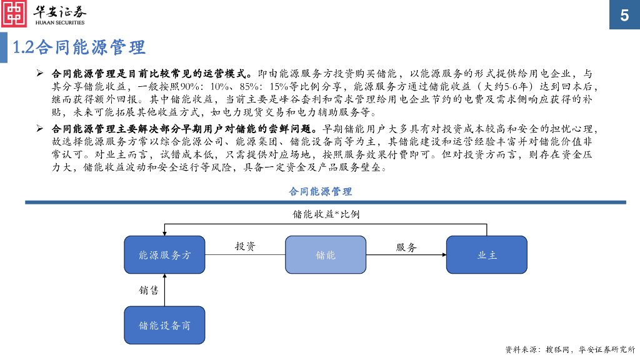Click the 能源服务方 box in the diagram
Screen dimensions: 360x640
click(164, 255)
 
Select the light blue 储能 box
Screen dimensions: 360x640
click(326, 255)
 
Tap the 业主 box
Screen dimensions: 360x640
click(487, 255)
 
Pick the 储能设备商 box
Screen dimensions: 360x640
click(164, 325)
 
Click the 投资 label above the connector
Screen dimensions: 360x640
click(245, 246)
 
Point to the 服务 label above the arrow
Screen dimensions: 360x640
click(406, 247)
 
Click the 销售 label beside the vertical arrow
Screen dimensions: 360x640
click(149, 290)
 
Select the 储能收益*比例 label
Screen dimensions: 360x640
click(326, 214)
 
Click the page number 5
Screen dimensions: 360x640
click(624, 16)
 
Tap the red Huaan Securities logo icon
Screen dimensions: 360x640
click(14, 14)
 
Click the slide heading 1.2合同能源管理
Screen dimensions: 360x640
click(79, 47)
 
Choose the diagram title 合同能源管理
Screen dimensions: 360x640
click(320, 191)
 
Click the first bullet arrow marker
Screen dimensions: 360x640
click(39, 73)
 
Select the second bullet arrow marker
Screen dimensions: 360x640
click(39, 129)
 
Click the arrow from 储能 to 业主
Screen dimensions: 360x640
click(406, 255)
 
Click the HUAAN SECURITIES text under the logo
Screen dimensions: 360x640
click(59, 23)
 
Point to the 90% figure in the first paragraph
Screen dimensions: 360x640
click(189, 87)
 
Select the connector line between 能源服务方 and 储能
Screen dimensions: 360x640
click(245, 255)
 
